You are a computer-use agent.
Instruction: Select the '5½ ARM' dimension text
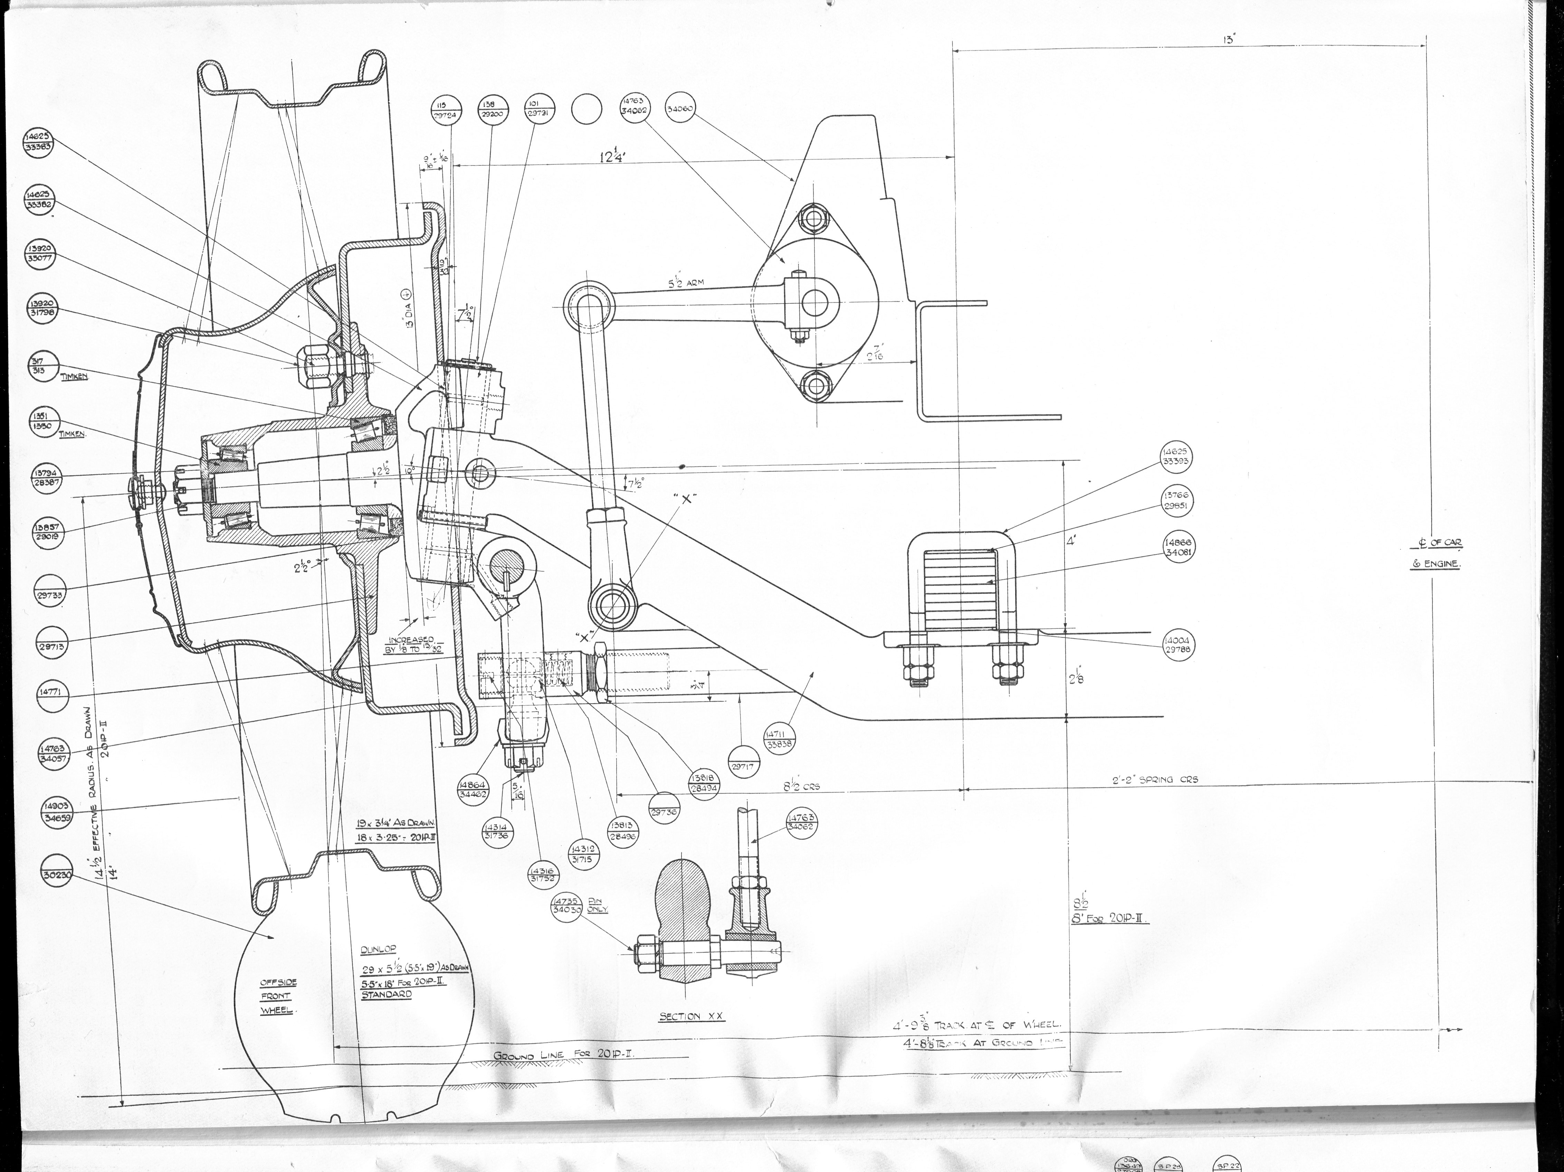[x=686, y=283]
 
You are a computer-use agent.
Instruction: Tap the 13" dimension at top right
[x=1229, y=40]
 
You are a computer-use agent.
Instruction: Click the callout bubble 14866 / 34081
[x=1179, y=548]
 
